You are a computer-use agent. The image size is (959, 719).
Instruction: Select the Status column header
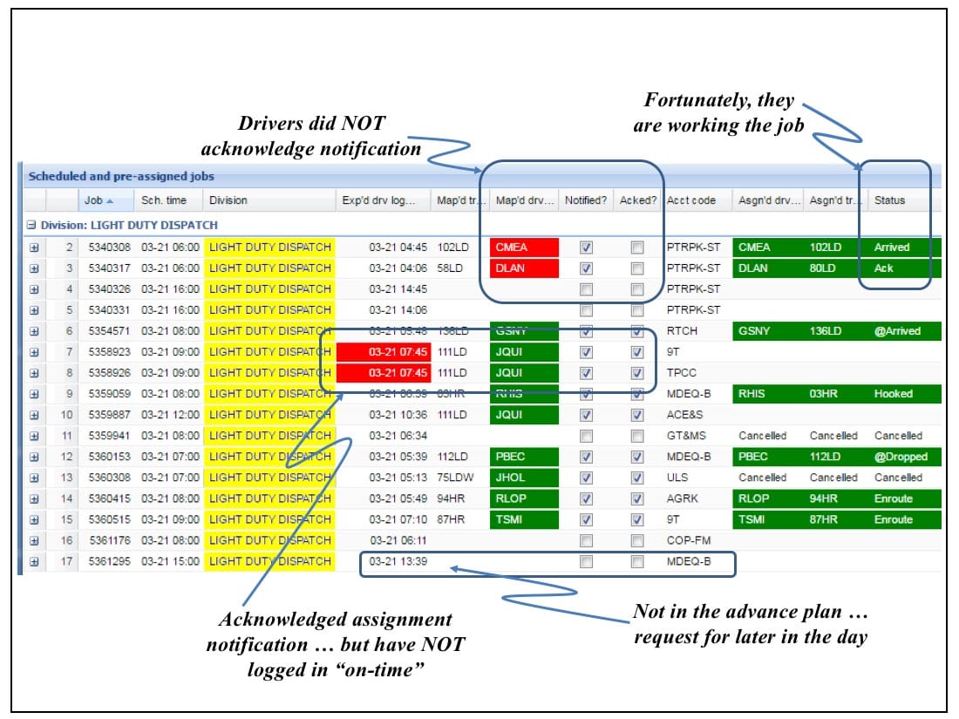889,200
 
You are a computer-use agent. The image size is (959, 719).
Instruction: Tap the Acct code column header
691,200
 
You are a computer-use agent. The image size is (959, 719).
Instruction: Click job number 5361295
110,561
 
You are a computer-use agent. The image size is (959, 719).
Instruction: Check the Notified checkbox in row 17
587,562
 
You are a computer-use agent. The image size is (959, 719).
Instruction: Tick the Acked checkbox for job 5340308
637,248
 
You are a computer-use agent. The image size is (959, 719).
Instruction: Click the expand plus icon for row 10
34,415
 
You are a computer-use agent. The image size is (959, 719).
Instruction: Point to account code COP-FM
689,540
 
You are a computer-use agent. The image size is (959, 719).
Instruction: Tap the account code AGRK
683,499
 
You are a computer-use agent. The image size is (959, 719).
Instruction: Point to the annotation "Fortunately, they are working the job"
719,113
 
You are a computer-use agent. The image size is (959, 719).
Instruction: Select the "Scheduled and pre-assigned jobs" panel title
121,176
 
